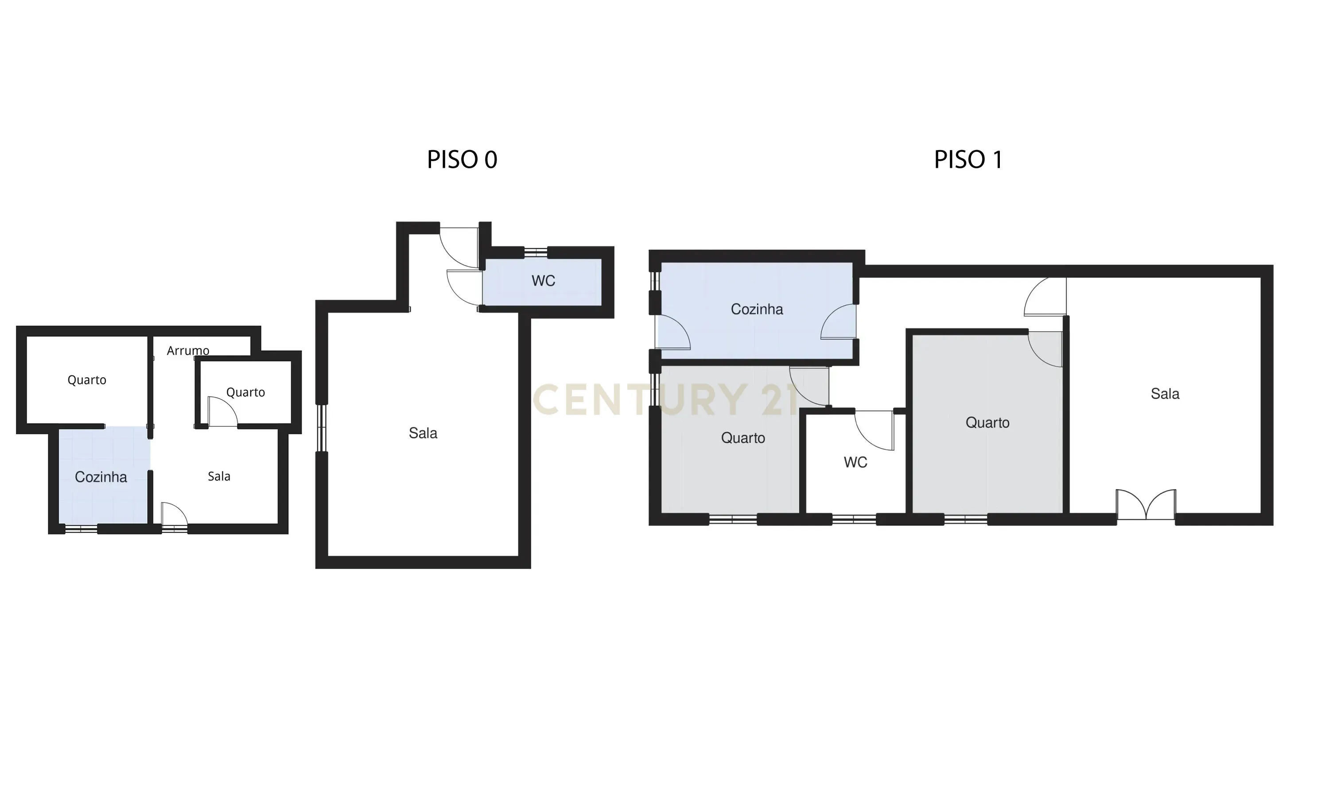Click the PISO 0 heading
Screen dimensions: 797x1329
click(462, 159)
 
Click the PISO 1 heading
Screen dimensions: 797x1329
click(968, 159)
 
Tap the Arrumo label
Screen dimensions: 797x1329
click(188, 351)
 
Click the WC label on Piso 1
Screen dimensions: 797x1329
click(855, 462)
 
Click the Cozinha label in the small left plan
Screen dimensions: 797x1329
click(101, 477)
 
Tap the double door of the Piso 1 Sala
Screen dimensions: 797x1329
click(1146, 505)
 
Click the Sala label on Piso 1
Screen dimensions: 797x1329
click(1165, 394)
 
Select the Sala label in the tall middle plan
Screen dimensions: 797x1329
click(423, 433)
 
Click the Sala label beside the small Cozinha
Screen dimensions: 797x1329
click(219, 476)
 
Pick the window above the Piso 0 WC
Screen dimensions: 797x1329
click(536, 252)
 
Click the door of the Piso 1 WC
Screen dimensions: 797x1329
click(874, 429)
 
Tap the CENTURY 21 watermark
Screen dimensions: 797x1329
click(666, 400)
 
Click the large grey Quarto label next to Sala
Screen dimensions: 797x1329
click(987, 423)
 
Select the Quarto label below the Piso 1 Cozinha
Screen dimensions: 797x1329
click(743, 438)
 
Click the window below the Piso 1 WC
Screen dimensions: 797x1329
click(854, 519)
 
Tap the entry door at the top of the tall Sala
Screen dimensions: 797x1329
click(459, 247)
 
